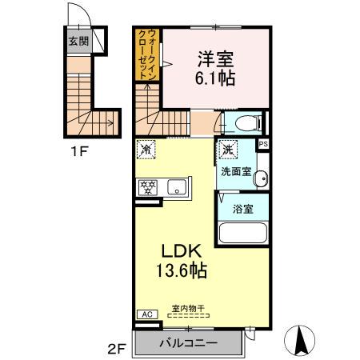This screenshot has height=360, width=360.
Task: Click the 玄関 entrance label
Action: [78, 42]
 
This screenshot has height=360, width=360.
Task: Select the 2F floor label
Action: [117, 349]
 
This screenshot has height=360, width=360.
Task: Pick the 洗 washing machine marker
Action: [227, 149]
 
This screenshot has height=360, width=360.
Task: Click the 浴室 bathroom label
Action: [243, 209]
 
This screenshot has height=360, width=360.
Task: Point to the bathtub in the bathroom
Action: [242, 234]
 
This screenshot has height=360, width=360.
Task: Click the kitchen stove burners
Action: [147, 189]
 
